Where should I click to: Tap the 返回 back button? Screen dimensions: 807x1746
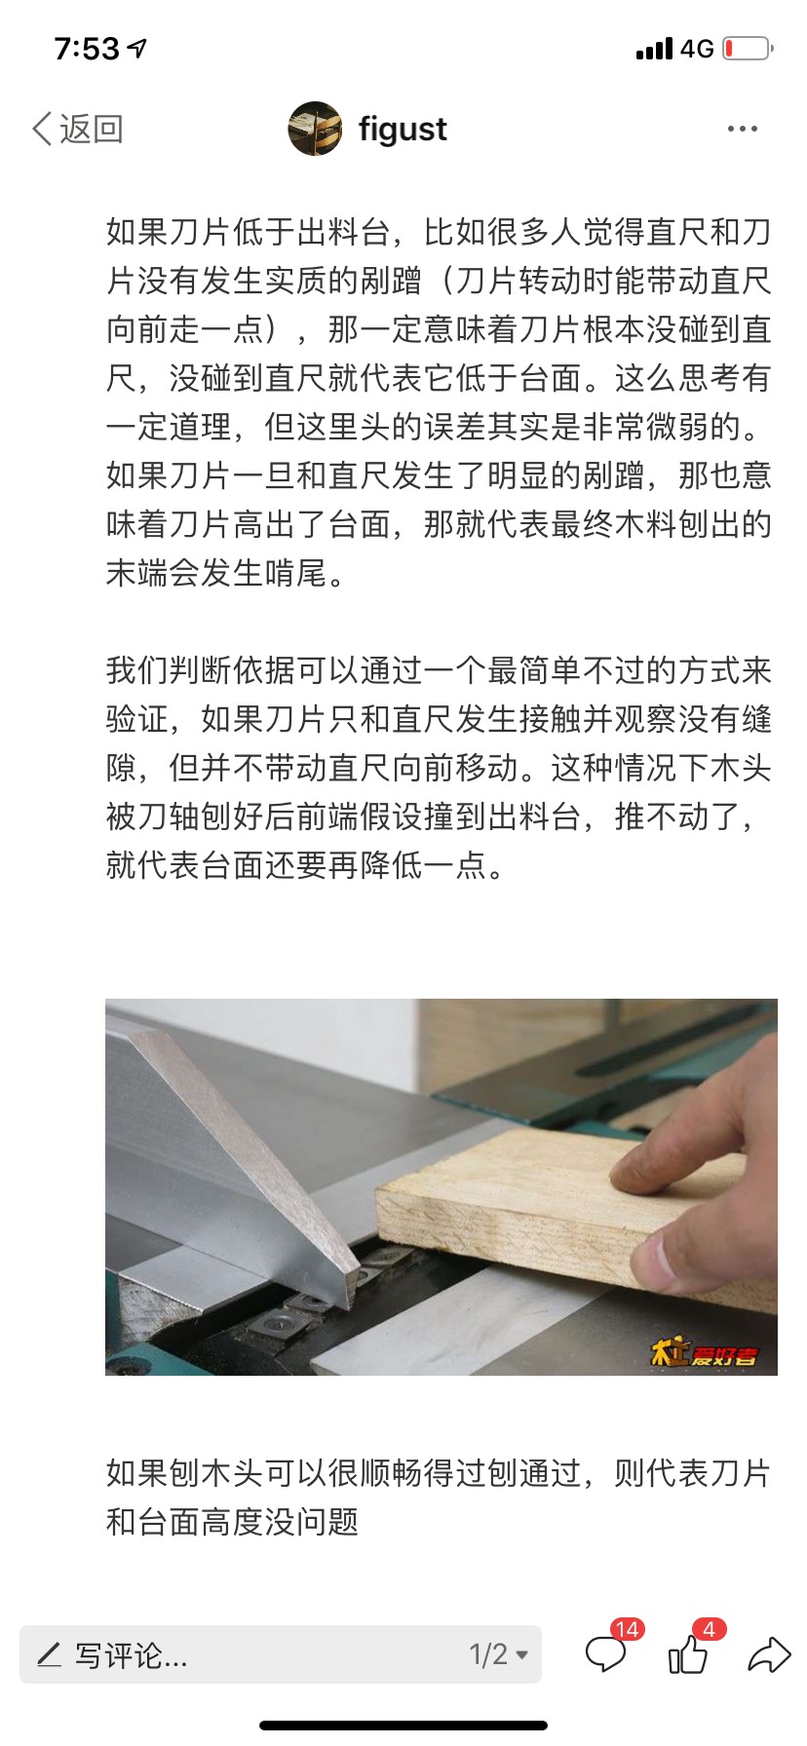pos(78,129)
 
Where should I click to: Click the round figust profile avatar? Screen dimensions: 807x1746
pos(315,129)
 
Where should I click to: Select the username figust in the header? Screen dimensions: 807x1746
pos(403,129)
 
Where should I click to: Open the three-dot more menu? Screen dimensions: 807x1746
pos(743,129)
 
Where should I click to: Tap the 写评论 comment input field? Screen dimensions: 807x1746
pos(281,1654)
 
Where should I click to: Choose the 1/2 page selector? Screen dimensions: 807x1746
pos(498,1654)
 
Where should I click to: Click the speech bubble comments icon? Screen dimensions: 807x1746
pos(605,1654)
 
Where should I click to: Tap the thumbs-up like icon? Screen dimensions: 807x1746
pos(688,1654)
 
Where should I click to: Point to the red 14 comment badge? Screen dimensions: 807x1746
pos(627,1629)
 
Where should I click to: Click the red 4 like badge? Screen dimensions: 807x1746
pos(709,1629)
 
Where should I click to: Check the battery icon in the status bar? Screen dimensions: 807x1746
pos(749,48)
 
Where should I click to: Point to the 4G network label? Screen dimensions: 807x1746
pos(697,48)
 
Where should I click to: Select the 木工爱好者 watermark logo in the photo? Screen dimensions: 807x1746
pos(704,1352)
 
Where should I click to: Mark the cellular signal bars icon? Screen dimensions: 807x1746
pos(654,49)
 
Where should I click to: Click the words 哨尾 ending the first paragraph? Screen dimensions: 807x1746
pos(295,572)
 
